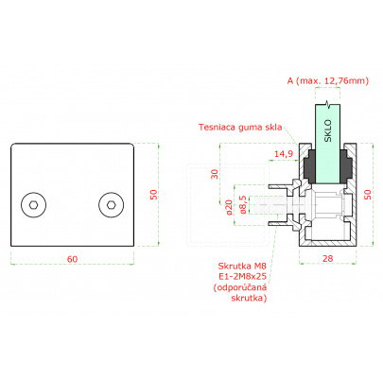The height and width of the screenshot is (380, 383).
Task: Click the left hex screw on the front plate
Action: click(x=34, y=205)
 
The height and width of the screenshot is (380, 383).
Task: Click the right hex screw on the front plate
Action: click(x=111, y=205)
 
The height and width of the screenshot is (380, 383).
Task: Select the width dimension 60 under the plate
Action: click(x=72, y=259)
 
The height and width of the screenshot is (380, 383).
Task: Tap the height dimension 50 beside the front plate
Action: click(x=153, y=195)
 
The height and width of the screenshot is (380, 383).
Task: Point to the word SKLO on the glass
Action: click(x=328, y=130)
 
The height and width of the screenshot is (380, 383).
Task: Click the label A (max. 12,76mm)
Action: click(x=328, y=81)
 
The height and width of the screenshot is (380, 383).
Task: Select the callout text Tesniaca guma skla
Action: click(x=240, y=128)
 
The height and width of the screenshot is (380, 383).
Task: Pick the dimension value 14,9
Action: click(x=284, y=154)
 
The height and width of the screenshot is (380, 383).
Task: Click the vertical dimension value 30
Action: click(x=215, y=174)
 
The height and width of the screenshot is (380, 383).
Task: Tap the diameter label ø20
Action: click(x=229, y=207)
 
